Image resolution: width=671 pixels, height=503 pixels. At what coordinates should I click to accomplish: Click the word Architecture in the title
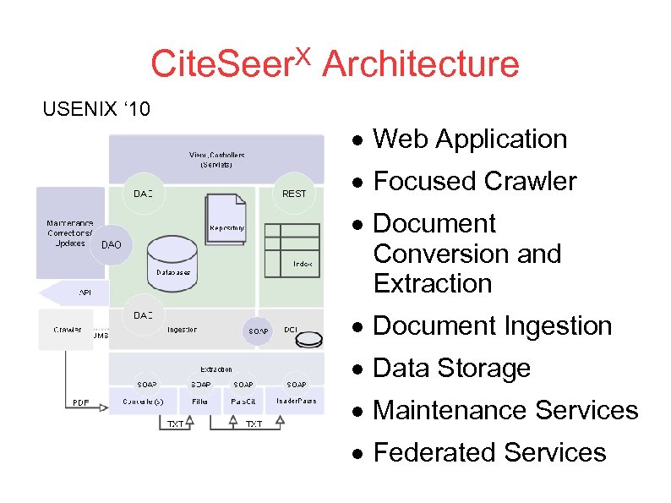pyautogui.click(x=420, y=63)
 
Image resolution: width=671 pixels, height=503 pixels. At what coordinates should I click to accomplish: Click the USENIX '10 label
pyautogui.click(x=96, y=109)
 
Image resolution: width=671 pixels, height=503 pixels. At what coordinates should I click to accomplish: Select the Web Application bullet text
pyautogui.click(x=470, y=139)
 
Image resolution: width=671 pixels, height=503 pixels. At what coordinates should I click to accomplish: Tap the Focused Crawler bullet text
pyautogui.click(x=474, y=181)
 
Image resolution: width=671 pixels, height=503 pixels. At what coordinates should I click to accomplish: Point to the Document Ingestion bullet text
pyautogui.click(x=492, y=325)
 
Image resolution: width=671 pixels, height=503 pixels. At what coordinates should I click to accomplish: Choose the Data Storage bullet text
pyautogui.click(x=451, y=368)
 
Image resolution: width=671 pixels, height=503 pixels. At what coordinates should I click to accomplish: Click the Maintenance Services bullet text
pyautogui.click(x=505, y=410)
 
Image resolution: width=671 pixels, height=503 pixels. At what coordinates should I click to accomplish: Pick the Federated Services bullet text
pyautogui.click(x=489, y=452)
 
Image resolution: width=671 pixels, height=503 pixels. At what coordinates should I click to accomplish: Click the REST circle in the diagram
pyautogui.click(x=294, y=194)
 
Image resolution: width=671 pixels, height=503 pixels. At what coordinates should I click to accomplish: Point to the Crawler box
pyautogui.click(x=67, y=330)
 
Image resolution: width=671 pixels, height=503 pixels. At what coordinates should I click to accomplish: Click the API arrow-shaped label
pyautogui.click(x=76, y=293)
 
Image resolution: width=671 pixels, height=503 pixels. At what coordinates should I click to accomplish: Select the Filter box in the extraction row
pyautogui.click(x=200, y=401)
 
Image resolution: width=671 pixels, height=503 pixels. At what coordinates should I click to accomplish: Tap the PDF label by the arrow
pyautogui.click(x=80, y=402)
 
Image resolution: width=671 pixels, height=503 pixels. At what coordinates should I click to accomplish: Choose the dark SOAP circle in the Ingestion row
pyautogui.click(x=259, y=331)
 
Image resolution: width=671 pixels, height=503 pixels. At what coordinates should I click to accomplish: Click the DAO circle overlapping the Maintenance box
pyautogui.click(x=112, y=245)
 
